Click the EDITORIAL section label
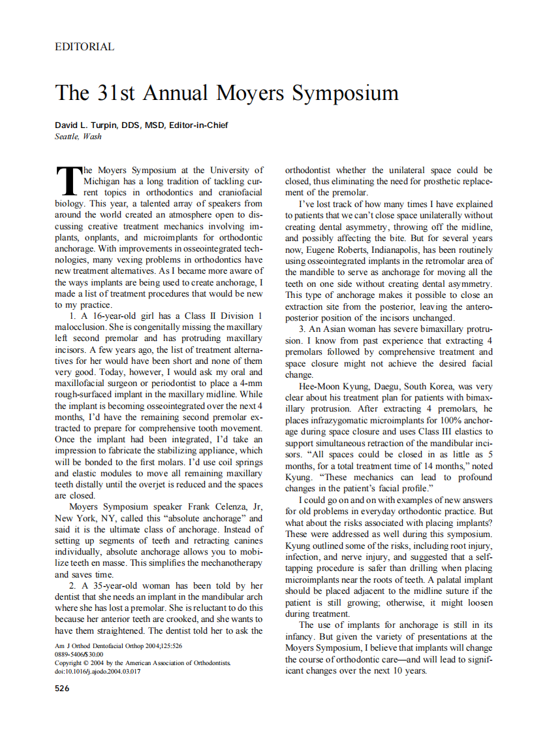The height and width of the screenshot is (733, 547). (84, 46)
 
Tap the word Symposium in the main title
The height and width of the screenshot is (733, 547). (344, 92)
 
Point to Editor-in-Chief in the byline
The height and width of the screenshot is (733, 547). (198, 125)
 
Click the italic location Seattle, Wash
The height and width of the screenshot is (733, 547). (78, 137)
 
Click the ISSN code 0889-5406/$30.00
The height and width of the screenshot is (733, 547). (79, 654)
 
